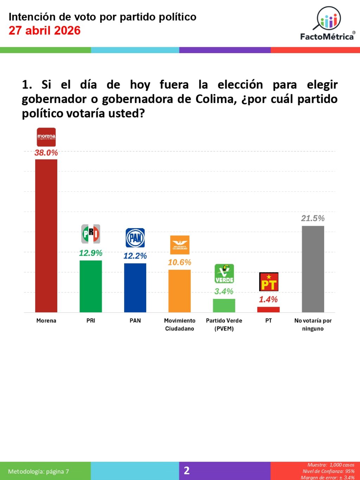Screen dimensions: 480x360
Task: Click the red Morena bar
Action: (x=46, y=236)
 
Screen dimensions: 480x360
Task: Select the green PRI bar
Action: (x=91, y=286)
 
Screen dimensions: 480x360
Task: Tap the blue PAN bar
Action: (x=135, y=288)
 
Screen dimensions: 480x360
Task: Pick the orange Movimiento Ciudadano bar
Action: (x=180, y=291)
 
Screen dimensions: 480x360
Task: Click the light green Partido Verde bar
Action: (x=224, y=306)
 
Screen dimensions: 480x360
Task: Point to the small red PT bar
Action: (x=268, y=309)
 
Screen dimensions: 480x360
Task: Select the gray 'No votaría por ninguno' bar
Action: (x=313, y=269)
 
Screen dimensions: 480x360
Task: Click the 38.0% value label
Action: (x=46, y=153)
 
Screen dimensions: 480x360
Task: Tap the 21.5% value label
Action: (x=313, y=218)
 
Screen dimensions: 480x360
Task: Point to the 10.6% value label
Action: (x=180, y=262)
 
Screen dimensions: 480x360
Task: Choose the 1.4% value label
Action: (x=268, y=300)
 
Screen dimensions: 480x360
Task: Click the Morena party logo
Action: (x=46, y=137)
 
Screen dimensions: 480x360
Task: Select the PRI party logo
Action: (x=91, y=234)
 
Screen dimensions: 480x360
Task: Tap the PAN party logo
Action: (x=135, y=238)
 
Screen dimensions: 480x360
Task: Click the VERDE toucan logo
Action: (x=224, y=274)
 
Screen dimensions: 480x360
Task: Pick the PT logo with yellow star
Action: (x=269, y=282)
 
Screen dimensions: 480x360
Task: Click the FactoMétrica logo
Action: (x=327, y=24)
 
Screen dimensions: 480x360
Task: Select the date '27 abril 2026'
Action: (x=45, y=31)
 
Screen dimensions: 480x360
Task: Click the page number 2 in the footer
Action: (x=187, y=471)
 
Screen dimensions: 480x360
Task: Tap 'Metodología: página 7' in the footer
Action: (x=39, y=472)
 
